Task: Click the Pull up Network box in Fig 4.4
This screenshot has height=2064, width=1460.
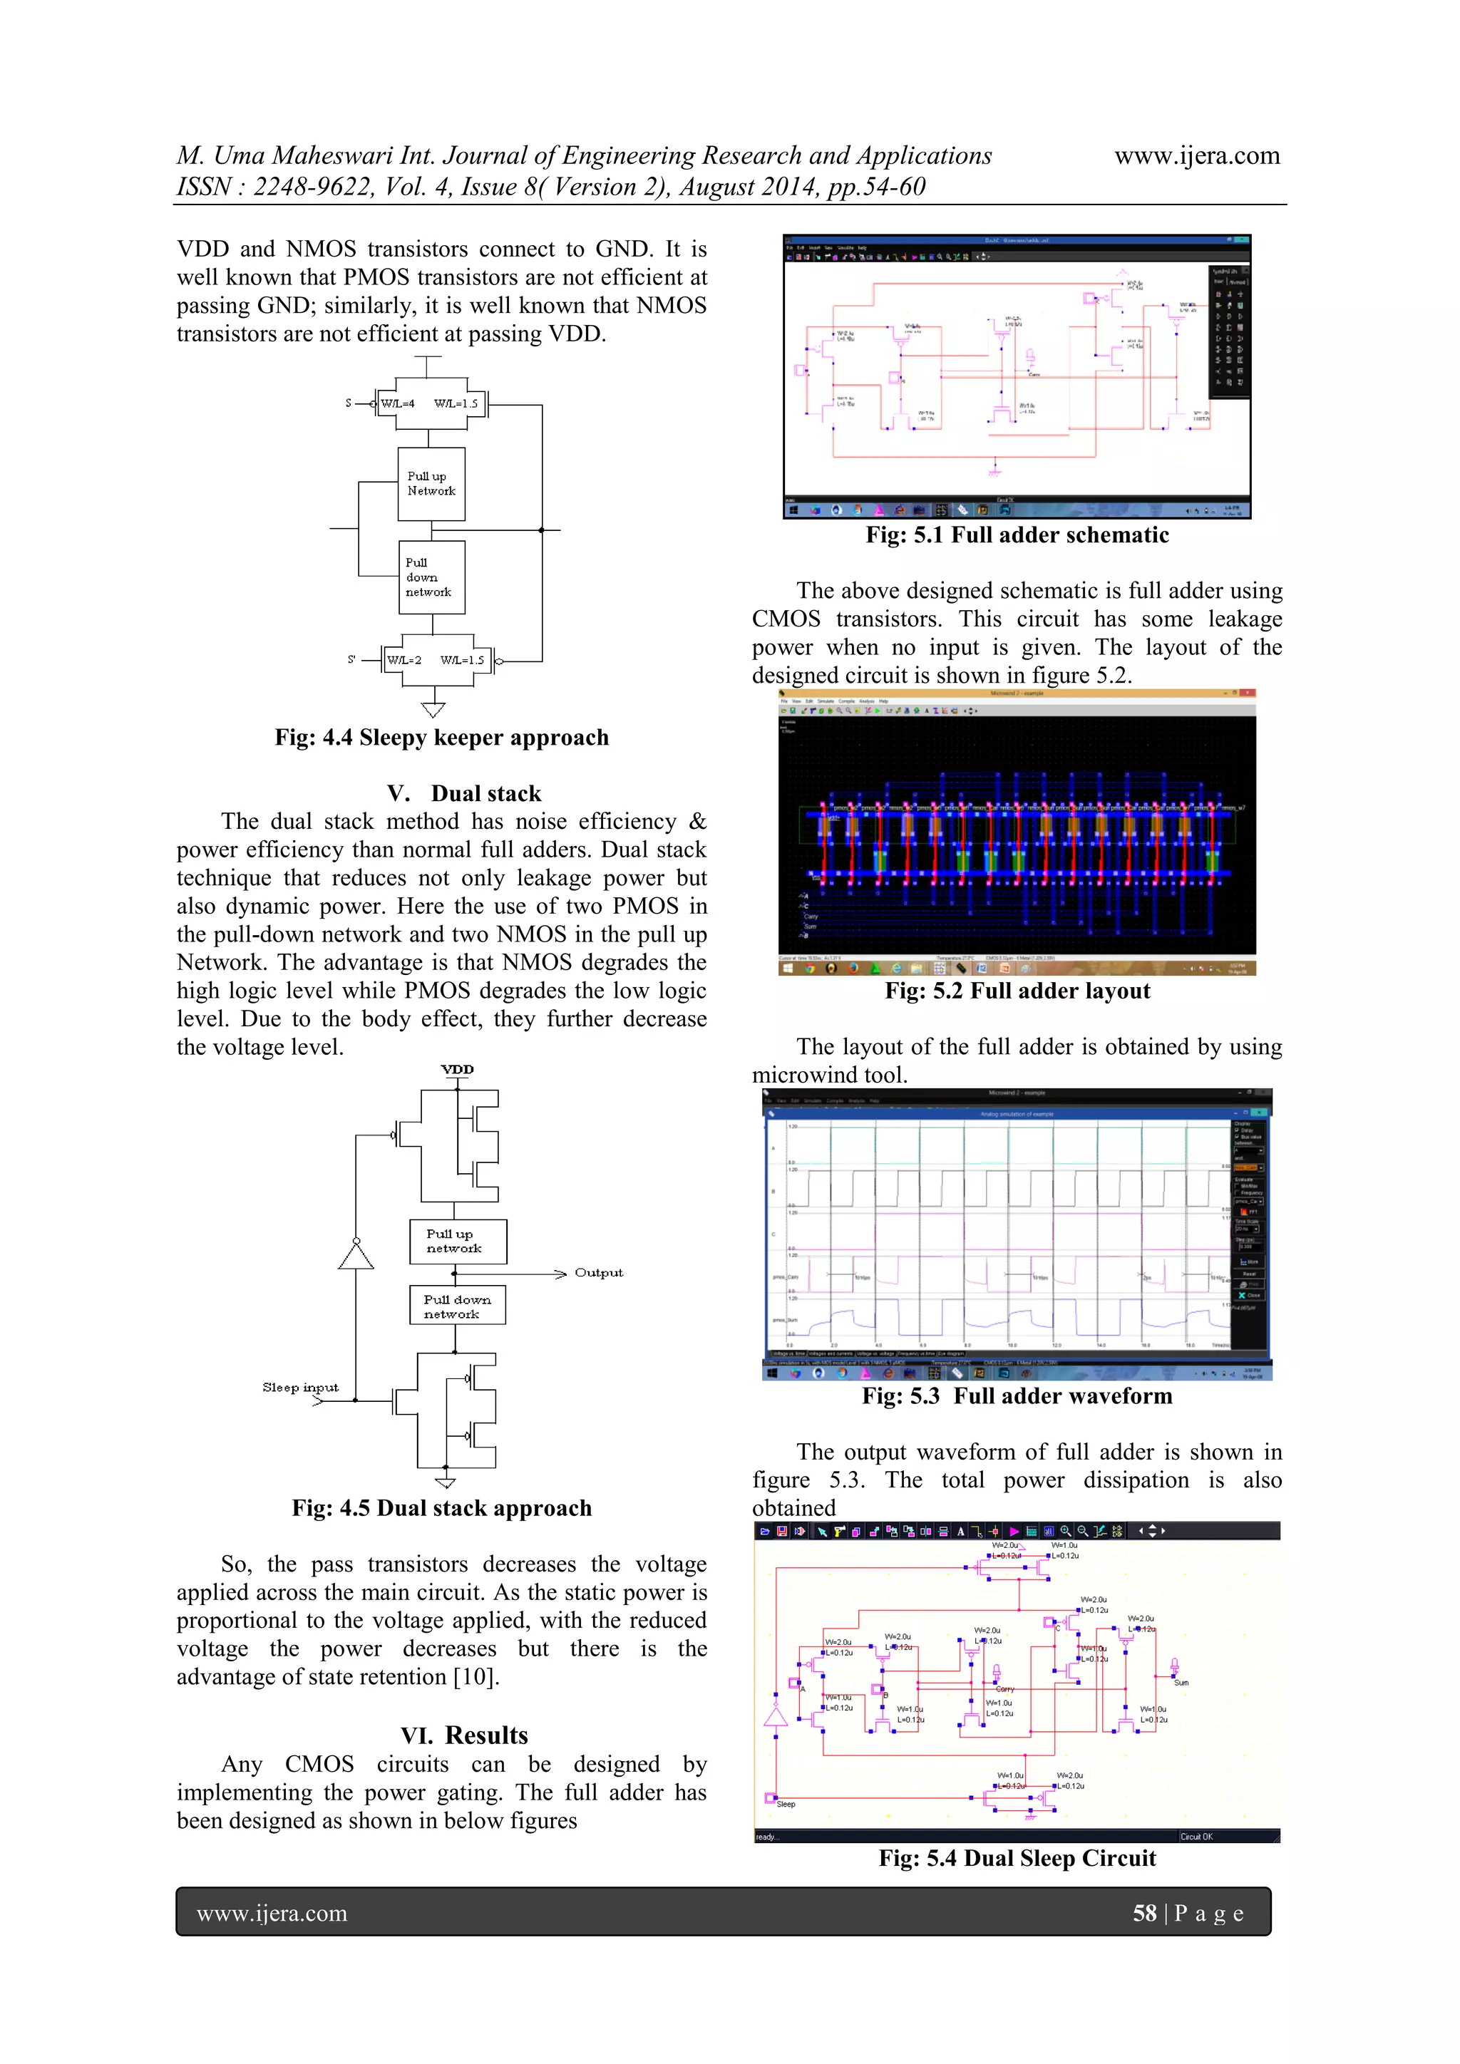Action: (431, 484)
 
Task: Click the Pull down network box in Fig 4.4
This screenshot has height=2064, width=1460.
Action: (431, 577)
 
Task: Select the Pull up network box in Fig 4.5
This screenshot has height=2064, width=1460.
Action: (458, 1242)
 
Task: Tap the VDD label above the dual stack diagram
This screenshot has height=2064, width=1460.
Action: (457, 1070)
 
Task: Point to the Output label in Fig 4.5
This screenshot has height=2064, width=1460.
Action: (599, 1273)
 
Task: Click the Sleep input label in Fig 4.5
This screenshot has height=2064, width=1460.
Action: (300, 1387)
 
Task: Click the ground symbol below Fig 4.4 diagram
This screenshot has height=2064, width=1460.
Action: (433, 710)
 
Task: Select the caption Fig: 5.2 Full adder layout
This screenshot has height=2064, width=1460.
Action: (1017, 991)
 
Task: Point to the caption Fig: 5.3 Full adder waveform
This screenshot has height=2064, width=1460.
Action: (1017, 1396)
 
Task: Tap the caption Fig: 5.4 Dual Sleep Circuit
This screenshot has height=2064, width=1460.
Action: (1017, 1858)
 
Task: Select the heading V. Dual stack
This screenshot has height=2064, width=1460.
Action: (464, 793)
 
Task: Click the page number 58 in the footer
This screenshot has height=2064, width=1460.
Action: (1143, 1913)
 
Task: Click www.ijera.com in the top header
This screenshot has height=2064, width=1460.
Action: (1197, 155)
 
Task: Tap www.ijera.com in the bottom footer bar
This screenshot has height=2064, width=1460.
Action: (272, 1913)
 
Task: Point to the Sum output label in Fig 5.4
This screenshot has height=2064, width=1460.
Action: (1181, 1683)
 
